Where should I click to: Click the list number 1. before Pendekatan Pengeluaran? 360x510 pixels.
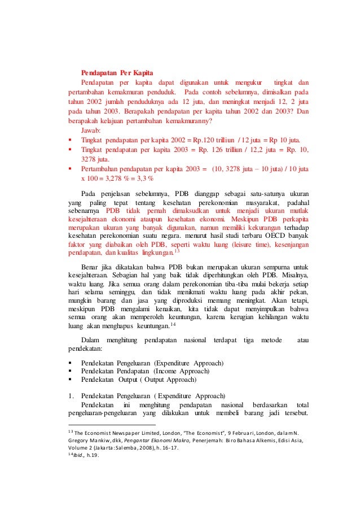pyautogui.click(x=71, y=396)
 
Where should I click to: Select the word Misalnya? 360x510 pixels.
pyautogui.click(x=295, y=274)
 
